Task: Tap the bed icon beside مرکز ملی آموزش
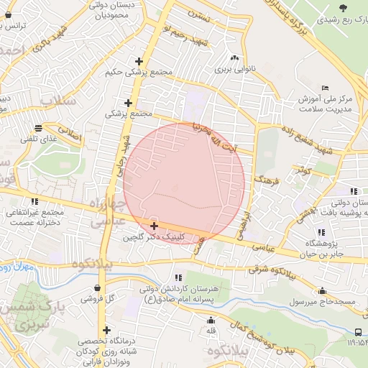coord(326,87)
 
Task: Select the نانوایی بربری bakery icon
coord(234,58)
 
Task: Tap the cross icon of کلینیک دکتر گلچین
coord(154,226)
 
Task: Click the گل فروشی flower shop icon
coord(97,287)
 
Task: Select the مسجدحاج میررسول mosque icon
coord(322,291)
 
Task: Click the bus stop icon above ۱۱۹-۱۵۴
coord(359,331)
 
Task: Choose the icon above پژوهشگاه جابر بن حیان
coord(321,232)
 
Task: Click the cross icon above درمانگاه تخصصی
coord(106,329)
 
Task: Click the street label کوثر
coord(303,170)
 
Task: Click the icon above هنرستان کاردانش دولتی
coord(178,277)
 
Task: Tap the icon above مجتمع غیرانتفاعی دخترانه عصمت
coord(34,201)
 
